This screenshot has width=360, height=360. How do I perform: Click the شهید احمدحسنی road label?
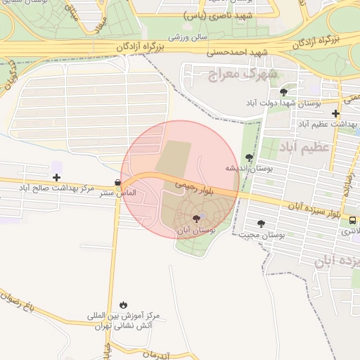[x=238, y=52]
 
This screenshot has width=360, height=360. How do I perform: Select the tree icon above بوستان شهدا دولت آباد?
[x=283, y=92]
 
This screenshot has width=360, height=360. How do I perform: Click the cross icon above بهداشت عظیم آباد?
[x=336, y=112]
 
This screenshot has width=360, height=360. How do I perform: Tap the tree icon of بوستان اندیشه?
[x=249, y=157]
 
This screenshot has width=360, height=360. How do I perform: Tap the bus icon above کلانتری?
[x=352, y=220]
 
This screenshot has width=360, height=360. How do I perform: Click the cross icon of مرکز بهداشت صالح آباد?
[x=56, y=177]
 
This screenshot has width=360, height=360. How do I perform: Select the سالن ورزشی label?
[x=185, y=34]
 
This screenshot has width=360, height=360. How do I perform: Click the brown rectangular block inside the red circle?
[x=173, y=157]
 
